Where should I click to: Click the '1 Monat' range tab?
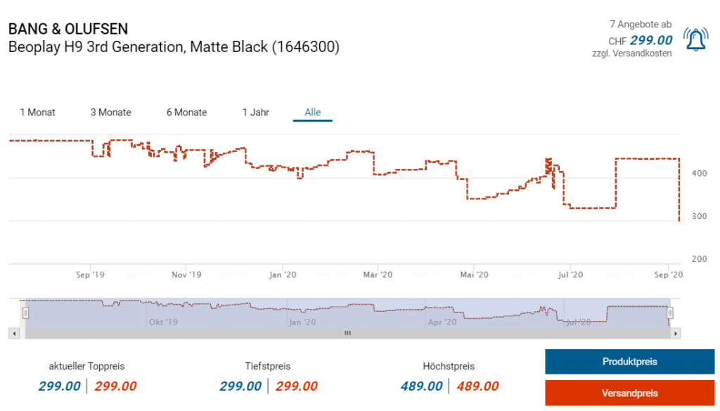pyautogui.click(x=38, y=113)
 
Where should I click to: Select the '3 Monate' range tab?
pyautogui.click(x=110, y=113)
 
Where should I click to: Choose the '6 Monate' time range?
pyautogui.click(x=186, y=113)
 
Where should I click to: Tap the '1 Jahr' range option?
pyautogui.click(x=256, y=113)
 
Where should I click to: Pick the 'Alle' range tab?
pyautogui.click(x=313, y=113)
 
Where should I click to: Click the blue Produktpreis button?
pyautogui.click(x=629, y=362)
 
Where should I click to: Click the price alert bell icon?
pyautogui.click(x=696, y=39)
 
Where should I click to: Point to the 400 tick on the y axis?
pyautogui.click(x=699, y=173)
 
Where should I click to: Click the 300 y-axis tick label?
pyautogui.click(x=699, y=216)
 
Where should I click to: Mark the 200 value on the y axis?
pyautogui.click(x=699, y=259)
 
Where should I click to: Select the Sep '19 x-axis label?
pyautogui.click(x=89, y=274)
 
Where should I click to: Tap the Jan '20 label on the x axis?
pyautogui.click(x=282, y=274)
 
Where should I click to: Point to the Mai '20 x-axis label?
pyautogui.click(x=475, y=274)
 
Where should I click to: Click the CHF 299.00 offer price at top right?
pyautogui.click(x=650, y=40)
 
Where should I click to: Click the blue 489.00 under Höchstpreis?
pyautogui.click(x=422, y=386)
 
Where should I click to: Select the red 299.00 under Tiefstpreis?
pyautogui.click(x=296, y=386)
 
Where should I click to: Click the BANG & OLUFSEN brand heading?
pyautogui.click(x=68, y=30)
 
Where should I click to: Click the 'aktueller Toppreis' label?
pyautogui.click(x=86, y=366)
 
